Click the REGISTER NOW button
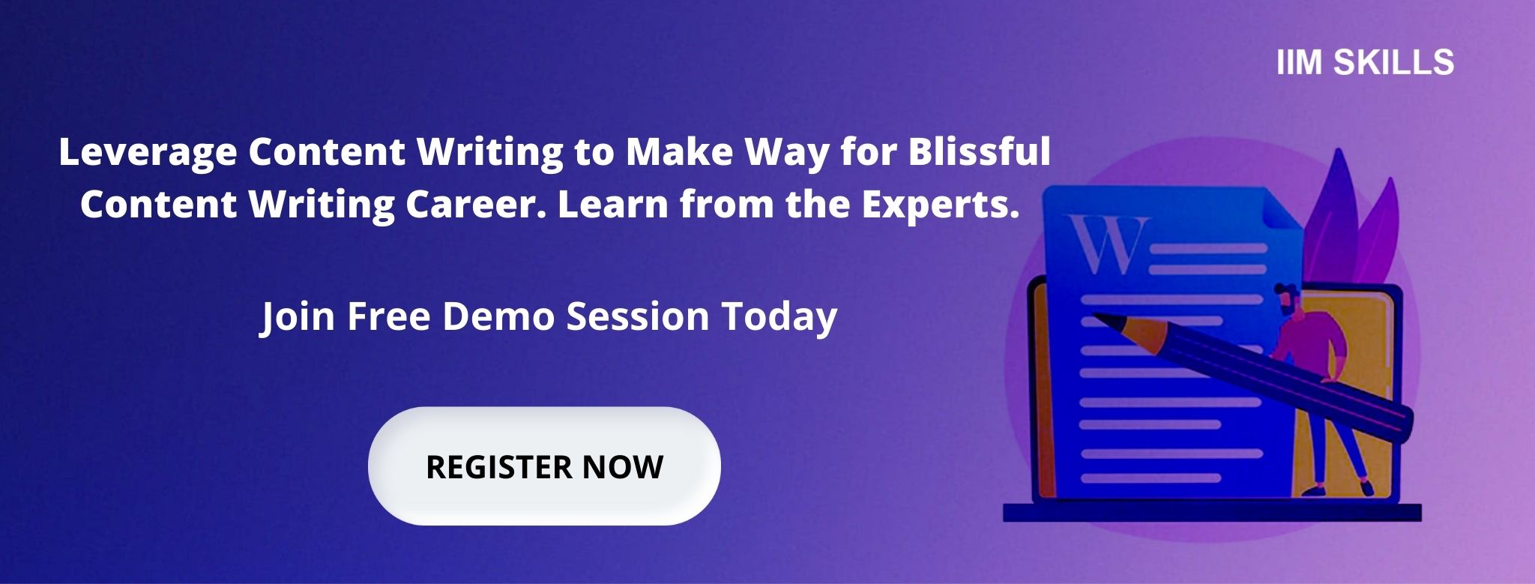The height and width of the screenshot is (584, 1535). coord(544,466)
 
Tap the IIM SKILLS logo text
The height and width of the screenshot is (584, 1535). coord(1365,62)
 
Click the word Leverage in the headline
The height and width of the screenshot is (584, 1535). coord(148,152)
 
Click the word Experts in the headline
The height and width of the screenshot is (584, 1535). coord(941,204)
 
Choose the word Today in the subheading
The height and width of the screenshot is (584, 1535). coord(779,316)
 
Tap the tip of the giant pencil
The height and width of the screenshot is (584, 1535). coord(1097,318)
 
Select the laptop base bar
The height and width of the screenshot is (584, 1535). coord(1212,512)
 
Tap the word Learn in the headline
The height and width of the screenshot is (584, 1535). coord(612,204)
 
